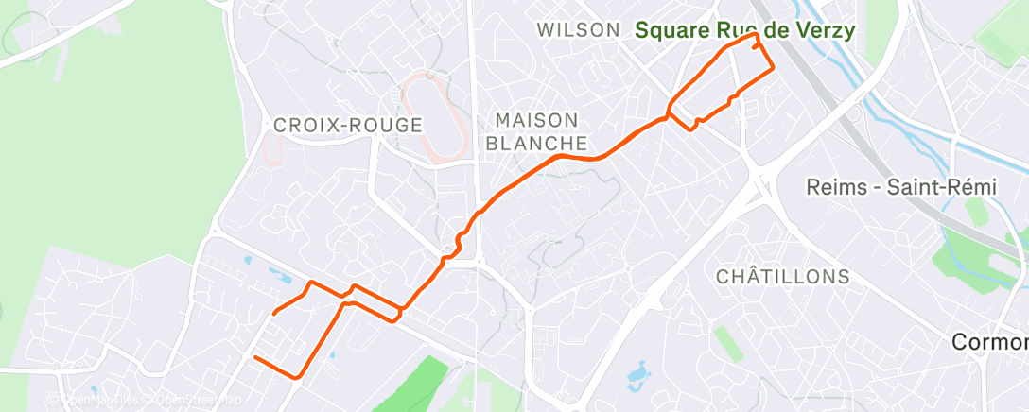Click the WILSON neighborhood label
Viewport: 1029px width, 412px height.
point(578,30)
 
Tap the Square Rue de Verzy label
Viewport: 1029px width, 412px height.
point(744,30)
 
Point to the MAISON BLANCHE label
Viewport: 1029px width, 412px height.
point(536,132)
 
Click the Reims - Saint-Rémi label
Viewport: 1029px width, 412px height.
point(900,187)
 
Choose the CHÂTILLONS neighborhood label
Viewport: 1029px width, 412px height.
point(782,277)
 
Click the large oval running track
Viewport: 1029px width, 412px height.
point(433,117)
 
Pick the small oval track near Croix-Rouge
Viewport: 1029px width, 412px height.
point(276,148)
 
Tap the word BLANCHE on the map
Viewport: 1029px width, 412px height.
point(536,144)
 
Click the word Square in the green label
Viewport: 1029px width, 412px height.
point(671,30)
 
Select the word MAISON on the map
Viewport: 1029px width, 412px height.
point(536,121)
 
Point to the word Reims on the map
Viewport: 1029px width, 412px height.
point(835,187)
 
